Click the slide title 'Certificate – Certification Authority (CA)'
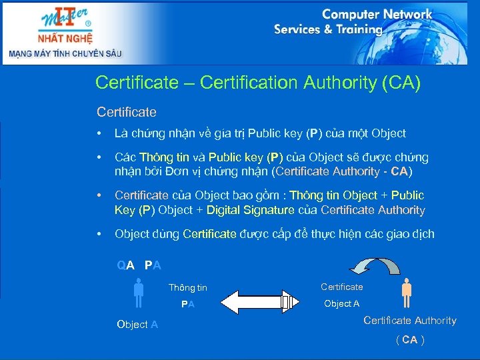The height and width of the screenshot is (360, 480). [258, 83]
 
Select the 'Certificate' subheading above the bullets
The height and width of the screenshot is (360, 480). [127, 111]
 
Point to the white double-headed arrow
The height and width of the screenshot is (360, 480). [257, 301]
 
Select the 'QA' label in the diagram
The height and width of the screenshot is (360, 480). [126, 265]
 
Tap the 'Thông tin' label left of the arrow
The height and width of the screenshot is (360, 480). [188, 288]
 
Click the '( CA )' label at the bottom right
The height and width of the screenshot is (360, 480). [410, 339]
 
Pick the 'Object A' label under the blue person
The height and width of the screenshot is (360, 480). [137, 325]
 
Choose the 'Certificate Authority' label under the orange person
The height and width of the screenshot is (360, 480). [410, 321]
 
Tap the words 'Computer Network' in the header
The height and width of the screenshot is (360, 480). [377, 14]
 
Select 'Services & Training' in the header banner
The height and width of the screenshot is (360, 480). [328, 29]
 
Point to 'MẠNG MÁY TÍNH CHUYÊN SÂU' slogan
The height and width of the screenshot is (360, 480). [65, 53]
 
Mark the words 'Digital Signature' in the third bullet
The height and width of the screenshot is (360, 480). [250, 210]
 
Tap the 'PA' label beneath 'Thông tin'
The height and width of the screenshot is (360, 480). [188, 304]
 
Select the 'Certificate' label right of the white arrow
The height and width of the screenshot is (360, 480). [342, 287]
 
